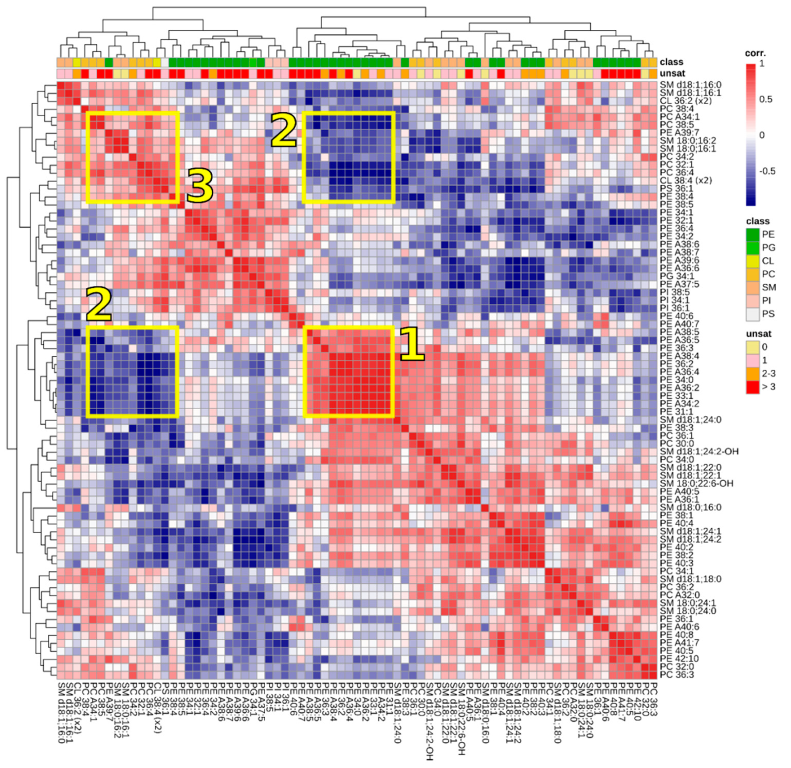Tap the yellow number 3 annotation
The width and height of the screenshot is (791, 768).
[199, 185]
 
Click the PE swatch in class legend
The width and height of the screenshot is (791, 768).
[753, 234]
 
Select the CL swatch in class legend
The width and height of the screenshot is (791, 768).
[753, 261]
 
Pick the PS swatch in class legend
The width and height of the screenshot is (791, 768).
[753, 314]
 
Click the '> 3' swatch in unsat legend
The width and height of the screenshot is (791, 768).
[753, 387]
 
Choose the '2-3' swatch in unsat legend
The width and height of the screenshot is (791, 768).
[753, 373]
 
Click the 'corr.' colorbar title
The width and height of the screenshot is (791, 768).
[755, 53]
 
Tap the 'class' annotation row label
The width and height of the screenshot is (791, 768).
[672, 62]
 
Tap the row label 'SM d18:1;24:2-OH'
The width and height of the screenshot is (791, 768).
[699, 452]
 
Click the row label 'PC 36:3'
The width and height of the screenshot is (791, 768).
[677, 675]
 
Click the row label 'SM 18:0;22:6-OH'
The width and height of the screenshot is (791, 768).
[696, 483]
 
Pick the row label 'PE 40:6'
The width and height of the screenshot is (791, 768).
[677, 316]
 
